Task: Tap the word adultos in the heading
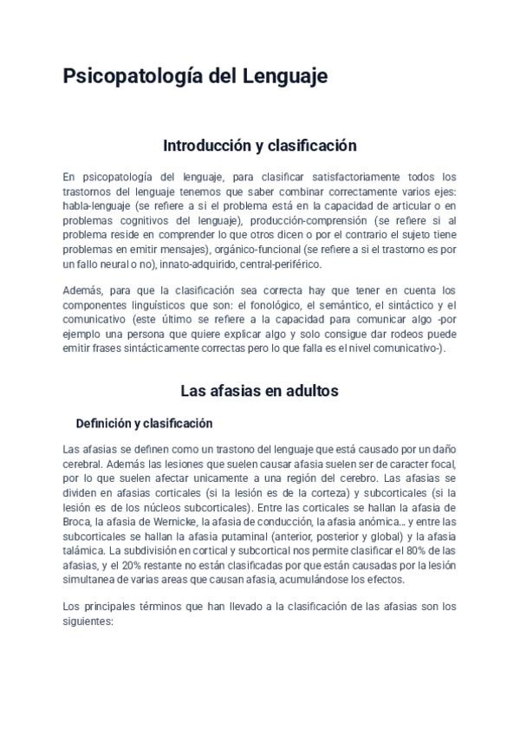[x=308, y=391]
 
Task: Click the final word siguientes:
[x=88, y=621]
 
